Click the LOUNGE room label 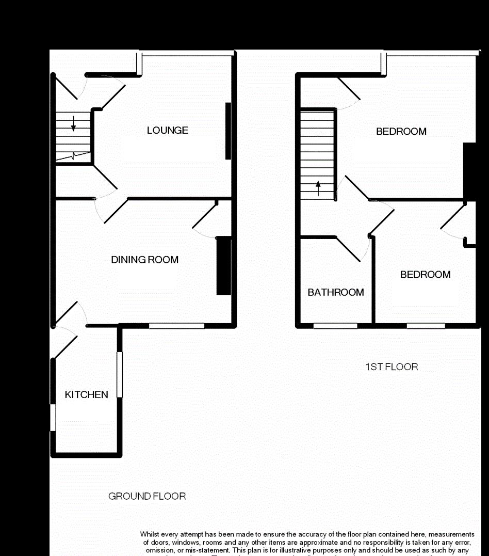(x=168, y=131)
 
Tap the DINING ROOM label (x=145, y=260)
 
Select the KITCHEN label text (x=87, y=395)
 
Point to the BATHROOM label (x=336, y=293)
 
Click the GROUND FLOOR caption (x=147, y=497)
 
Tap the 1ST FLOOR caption (x=392, y=367)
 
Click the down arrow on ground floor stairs (x=73, y=123)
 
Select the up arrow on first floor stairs (x=318, y=187)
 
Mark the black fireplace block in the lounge (x=227, y=131)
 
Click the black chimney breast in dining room (x=223, y=265)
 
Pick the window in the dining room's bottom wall (x=177, y=326)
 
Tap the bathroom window (x=335, y=326)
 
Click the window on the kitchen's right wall (x=120, y=374)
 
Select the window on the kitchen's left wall (x=53, y=417)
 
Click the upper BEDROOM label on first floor (x=401, y=132)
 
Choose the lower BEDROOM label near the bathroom (x=426, y=275)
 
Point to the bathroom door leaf (x=349, y=249)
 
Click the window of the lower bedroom (x=426, y=326)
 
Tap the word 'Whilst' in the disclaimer (x=151, y=534)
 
